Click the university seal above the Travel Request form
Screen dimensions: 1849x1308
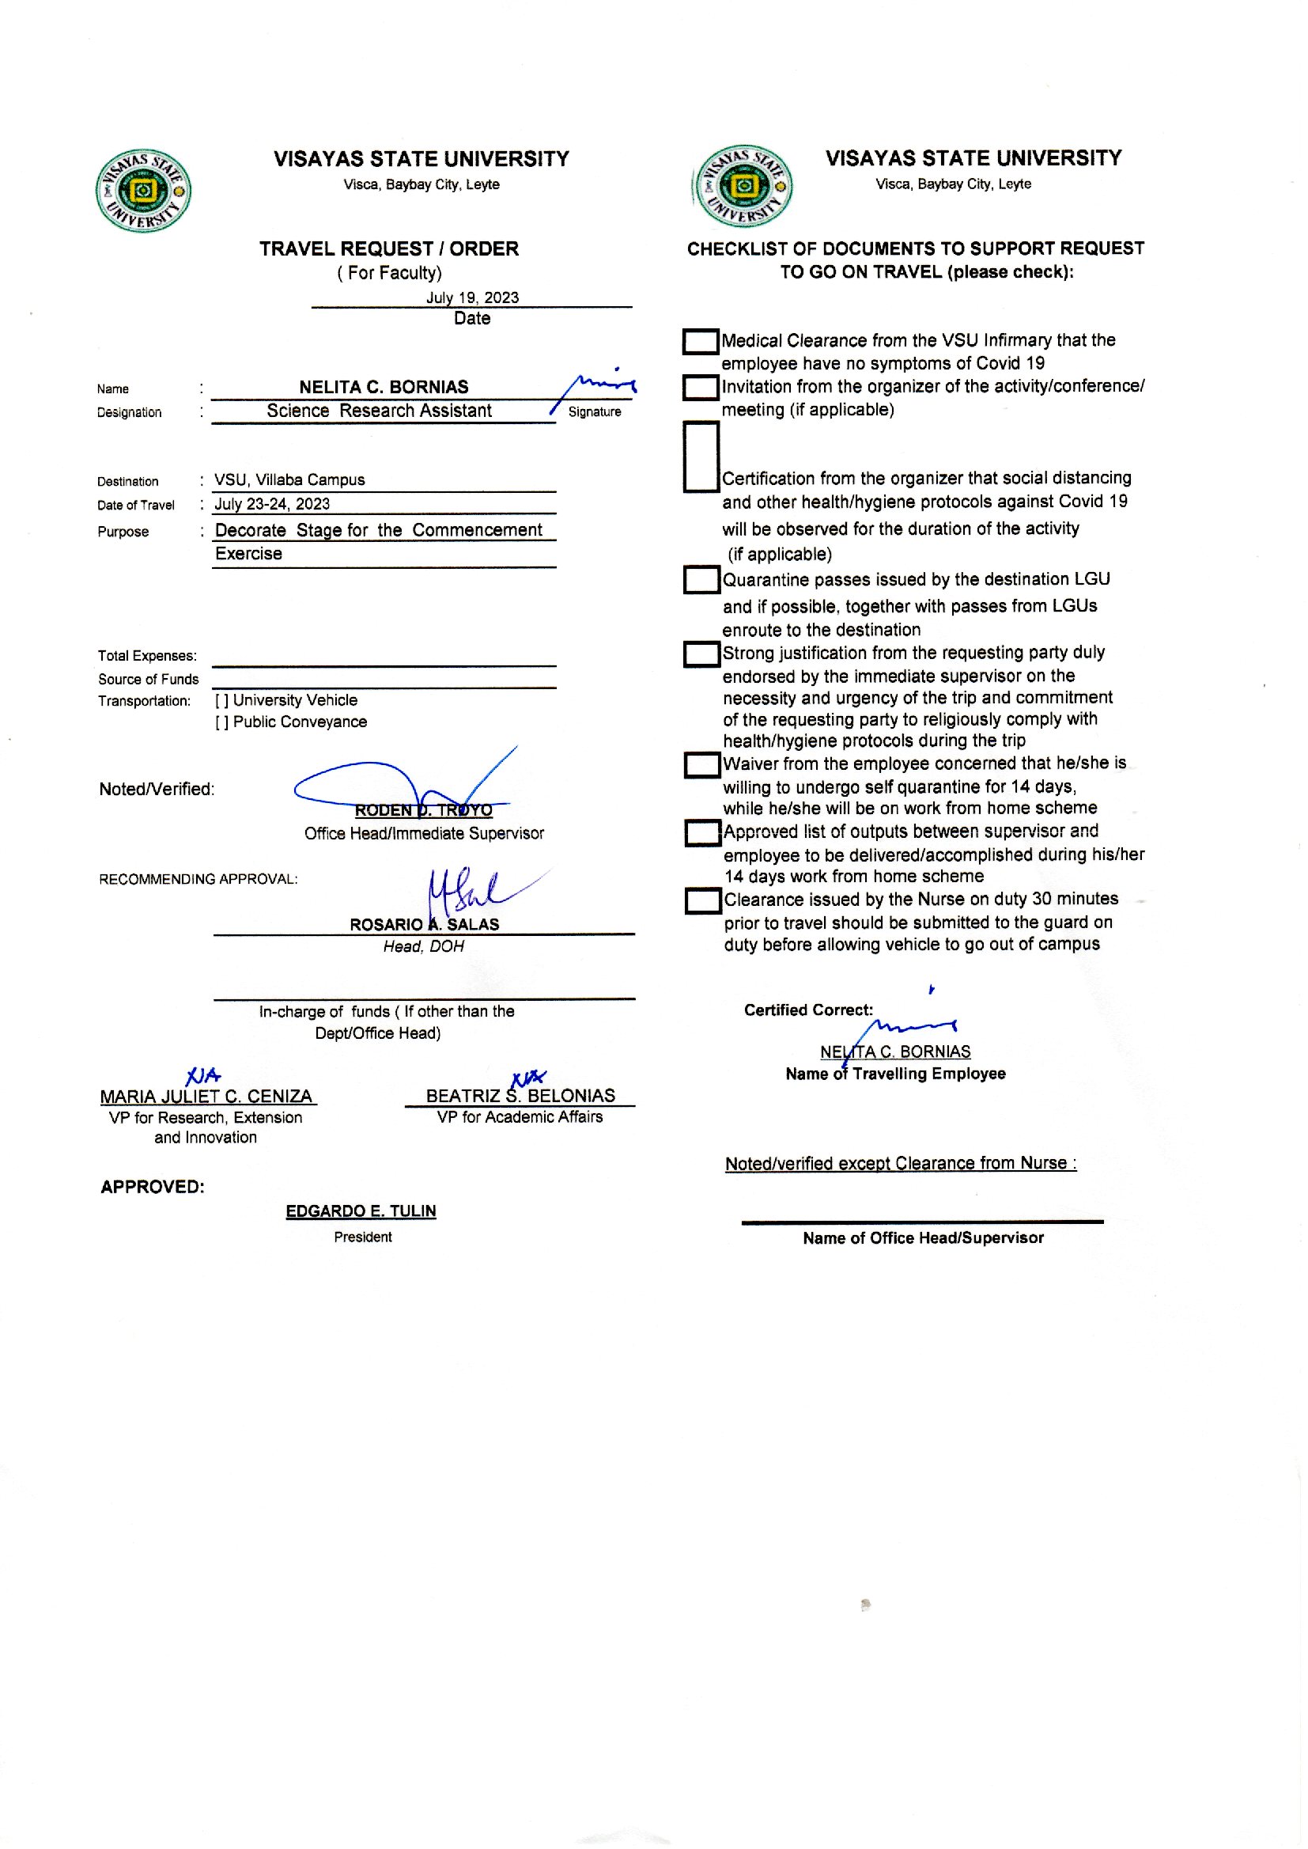pyautogui.click(x=142, y=191)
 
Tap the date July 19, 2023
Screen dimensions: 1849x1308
pyautogui.click(x=472, y=297)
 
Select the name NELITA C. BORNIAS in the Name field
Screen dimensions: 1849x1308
pyautogui.click(x=384, y=387)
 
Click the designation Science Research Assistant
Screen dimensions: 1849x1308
pyautogui.click(x=379, y=411)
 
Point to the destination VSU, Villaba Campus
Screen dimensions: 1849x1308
pyautogui.click(x=289, y=480)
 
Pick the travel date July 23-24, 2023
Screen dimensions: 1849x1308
pyautogui.click(x=271, y=504)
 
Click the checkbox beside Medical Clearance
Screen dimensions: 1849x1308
pyautogui.click(x=700, y=342)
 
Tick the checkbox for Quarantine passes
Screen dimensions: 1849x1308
pyautogui.click(x=701, y=580)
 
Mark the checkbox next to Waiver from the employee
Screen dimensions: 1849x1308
pyautogui.click(x=701, y=764)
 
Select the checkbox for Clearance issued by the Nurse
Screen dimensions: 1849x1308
pyautogui.click(x=702, y=900)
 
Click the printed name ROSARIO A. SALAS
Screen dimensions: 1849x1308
pyautogui.click(x=424, y=925)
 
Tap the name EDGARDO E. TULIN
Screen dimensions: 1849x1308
pyautogui.click(x=361, y=1211)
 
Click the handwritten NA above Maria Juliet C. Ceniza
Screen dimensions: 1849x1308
pyautogui.click(x=202, y=1075)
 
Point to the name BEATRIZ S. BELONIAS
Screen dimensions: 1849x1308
pyautogui.click(x=520, y=1096)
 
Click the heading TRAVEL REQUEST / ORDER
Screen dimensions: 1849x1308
pyautogui.click(x=389, y=249)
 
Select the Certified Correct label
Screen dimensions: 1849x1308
pyautogui.click(x=808, y=1010)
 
